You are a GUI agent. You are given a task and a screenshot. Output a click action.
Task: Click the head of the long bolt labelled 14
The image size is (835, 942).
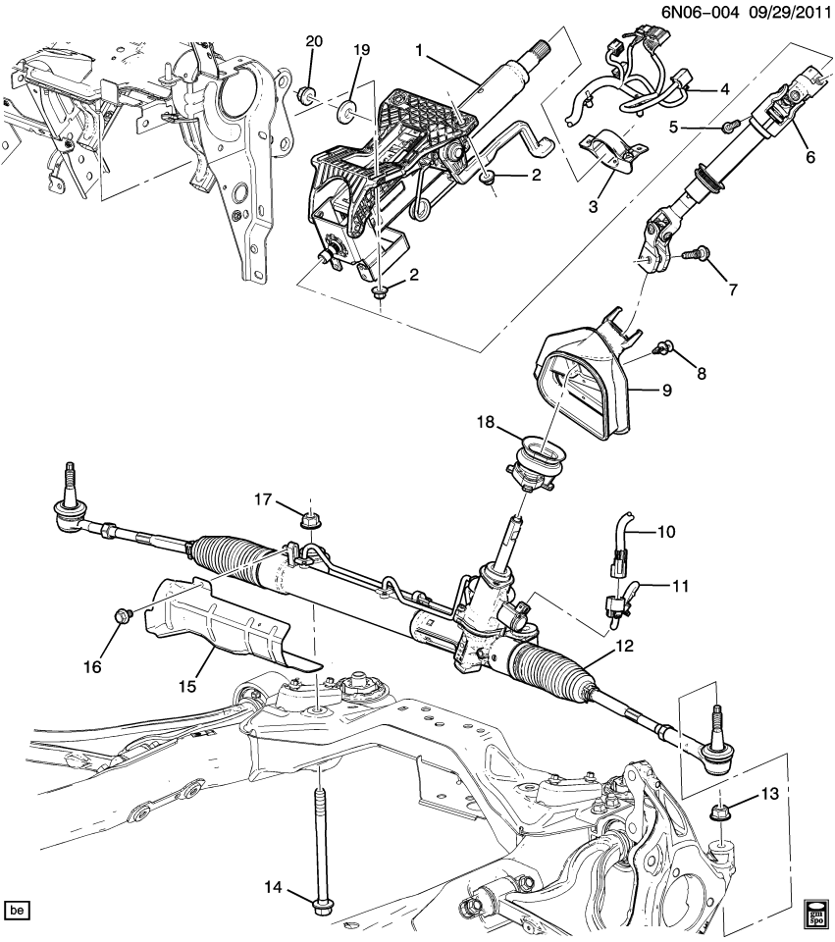[x=321, y=904]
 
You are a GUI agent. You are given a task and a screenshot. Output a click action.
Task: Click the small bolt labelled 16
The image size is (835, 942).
[x=122, y=615]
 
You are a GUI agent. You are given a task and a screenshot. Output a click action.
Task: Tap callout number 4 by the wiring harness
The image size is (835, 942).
[x=724, y=89]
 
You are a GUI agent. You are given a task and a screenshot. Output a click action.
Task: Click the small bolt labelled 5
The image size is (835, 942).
[x=729, y=126]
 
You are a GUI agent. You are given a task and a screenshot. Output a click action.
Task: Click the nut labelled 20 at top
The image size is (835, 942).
[x=307, y=95]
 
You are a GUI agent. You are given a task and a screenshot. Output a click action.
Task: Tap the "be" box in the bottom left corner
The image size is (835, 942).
[x=17, y=911]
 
